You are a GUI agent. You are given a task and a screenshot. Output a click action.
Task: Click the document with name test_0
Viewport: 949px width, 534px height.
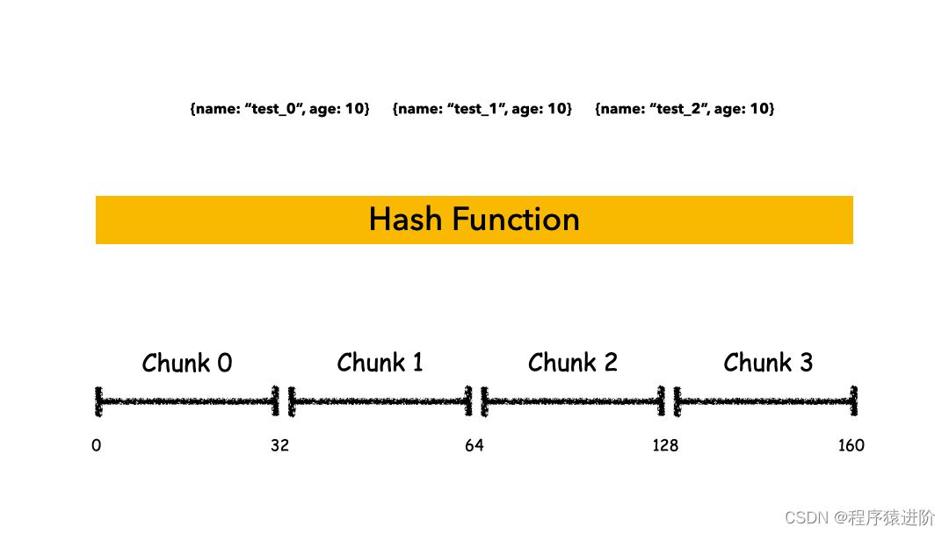click(279, 109)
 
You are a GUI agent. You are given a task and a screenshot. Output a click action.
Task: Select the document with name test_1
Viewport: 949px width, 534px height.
click(482, 109)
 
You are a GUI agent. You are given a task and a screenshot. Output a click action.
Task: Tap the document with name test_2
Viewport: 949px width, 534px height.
click(685, 109)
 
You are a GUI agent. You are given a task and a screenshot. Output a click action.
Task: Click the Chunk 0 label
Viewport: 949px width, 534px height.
click(187, 363)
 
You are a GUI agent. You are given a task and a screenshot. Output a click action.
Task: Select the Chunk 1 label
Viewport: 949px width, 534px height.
click(380, 362)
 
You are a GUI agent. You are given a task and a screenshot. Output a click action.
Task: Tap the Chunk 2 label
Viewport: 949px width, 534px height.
click(573, 362)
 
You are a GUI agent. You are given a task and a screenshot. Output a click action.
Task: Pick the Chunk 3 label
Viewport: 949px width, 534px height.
click(768, 362)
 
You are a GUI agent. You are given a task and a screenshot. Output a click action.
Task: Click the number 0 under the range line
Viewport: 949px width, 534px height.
click(96, 445)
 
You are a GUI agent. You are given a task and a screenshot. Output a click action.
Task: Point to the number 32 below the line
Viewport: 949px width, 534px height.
click(279, 445)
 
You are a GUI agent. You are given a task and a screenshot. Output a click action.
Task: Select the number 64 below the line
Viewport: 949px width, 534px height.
click(474, 445)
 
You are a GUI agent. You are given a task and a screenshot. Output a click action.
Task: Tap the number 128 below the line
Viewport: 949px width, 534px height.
click(665, 445)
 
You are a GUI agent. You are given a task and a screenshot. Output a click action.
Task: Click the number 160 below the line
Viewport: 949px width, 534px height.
click(851, 445)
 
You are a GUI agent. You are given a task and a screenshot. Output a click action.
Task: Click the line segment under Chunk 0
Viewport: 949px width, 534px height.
click(187, 401)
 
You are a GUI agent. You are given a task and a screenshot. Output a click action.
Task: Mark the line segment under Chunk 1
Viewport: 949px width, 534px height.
click(380, 401)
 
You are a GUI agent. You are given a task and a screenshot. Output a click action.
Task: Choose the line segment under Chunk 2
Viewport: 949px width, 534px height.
click(573, 401)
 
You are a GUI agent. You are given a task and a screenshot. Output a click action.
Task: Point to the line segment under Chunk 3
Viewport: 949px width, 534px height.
click(764, 401)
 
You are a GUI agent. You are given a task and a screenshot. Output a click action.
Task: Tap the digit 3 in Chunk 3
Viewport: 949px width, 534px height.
click(806, 362)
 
